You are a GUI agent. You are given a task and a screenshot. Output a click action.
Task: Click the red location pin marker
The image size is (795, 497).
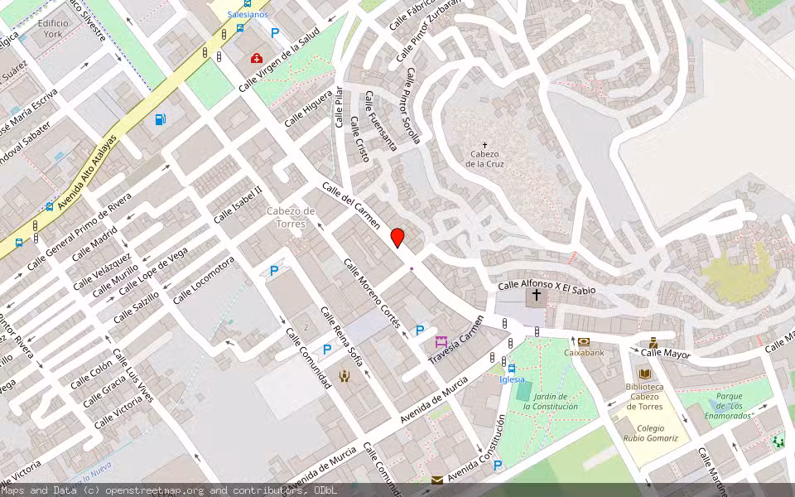click(x=397, y=237)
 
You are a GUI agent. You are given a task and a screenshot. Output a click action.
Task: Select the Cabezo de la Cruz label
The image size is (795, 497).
click(x=484, y=158)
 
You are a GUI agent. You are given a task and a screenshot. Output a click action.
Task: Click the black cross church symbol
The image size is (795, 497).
click(x=537, y=295)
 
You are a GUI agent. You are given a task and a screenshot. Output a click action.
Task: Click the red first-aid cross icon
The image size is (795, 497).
click(x=257, y=59)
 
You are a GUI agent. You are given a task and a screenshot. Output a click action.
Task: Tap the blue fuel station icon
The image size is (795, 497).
click(x=160, y=119)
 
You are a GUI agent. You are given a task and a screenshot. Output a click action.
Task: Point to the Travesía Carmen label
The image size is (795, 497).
click(x=455, y=340)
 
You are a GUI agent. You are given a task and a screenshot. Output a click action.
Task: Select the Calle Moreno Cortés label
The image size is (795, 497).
click(x=372, y=292)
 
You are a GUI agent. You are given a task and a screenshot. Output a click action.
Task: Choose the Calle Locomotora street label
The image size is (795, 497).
click(x=203, y=280)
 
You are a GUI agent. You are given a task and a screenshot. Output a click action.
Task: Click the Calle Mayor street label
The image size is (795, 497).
click(x=665, y=353)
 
